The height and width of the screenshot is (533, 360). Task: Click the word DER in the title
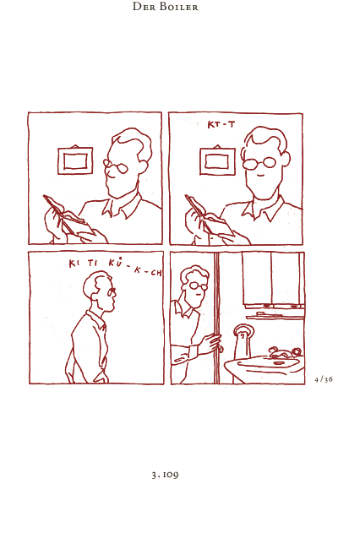[x=145, y=7]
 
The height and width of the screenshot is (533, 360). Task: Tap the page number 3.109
[x=166, y=475]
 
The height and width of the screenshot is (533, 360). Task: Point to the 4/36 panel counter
[x=324, y=379]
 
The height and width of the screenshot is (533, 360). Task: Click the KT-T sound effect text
[x=221, y=125]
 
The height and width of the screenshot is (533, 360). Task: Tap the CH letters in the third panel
[x=156, y=273]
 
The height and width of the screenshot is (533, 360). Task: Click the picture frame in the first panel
[x=75, y=160]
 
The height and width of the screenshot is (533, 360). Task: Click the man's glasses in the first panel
[x=116, y=166]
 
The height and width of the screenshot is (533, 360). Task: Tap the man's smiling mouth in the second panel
[x=260, y=176]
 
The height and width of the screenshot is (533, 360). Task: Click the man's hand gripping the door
[x=210, y=343]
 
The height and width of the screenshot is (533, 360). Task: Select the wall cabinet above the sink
[x=273, y=280]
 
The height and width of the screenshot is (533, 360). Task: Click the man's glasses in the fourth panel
[x=198, y=286]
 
